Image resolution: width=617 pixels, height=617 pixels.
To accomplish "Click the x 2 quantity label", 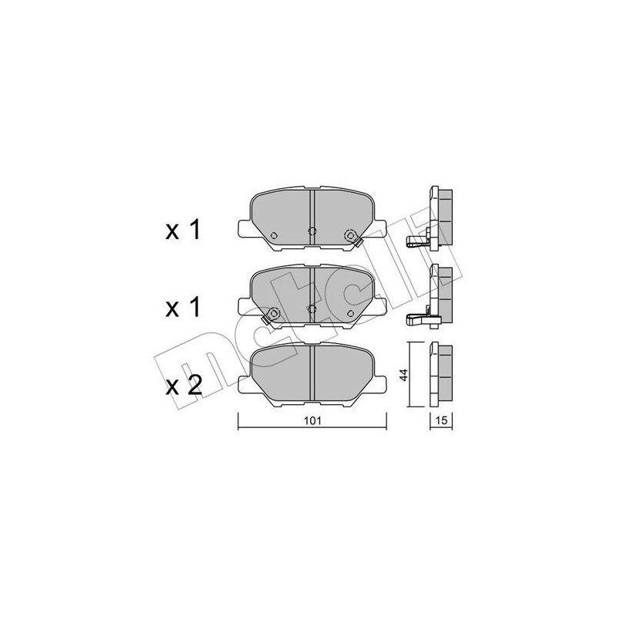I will point(184,386).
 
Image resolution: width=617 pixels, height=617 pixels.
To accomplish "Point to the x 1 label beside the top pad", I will point(184,231).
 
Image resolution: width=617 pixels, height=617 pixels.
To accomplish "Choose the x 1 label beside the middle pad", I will point(184,308).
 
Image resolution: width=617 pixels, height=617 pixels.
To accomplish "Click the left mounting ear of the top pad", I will point(242,228).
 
